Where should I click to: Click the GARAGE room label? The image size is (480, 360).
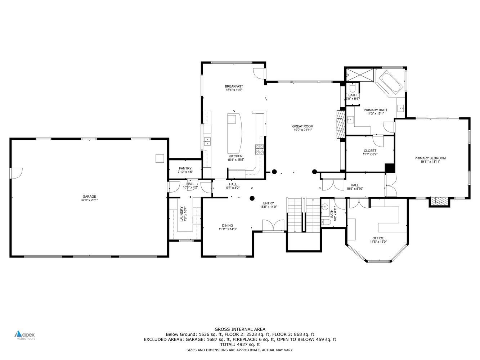[x=88, y=197]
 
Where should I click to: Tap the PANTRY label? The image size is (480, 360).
[x=185, y=168]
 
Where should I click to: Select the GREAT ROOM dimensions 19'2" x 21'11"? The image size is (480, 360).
[x=302, y=130]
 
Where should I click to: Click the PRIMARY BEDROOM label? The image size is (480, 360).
[x=430, y=158]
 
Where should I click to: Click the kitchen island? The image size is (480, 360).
[x=234, y=133]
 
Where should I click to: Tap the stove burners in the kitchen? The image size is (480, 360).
[x=259, y=149]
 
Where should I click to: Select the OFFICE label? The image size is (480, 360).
[x=378, y=238]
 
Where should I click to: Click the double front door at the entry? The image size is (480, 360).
[x=274, y=226]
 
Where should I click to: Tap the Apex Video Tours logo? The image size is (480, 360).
[x=25, y=335]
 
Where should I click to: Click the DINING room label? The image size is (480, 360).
[x=227, y=225]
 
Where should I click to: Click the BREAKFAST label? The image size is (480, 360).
[x=234, y=86]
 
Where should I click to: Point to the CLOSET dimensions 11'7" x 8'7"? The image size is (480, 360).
[x=370, y=154]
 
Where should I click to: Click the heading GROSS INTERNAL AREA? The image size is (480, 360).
[x=240, y=329]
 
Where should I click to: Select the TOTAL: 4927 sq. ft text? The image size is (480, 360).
[x=240, y=345]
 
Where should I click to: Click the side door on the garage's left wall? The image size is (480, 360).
[x=17, y=173]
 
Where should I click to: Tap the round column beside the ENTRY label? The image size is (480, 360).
[x=252, y=198]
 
